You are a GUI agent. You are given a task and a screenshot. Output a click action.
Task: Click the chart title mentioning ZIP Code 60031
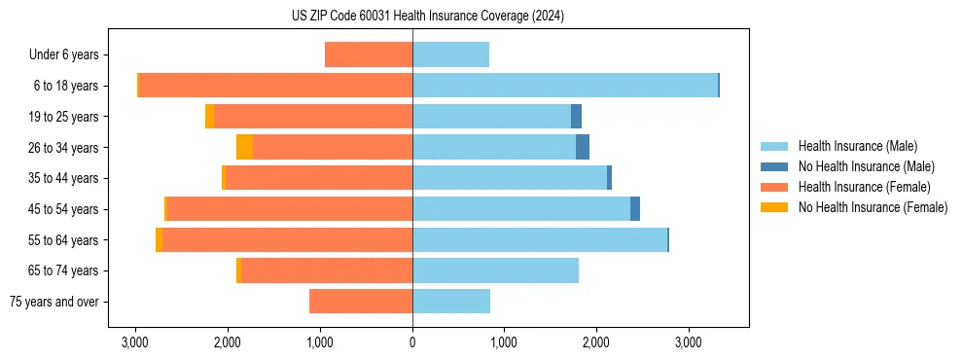[x=427, y=17]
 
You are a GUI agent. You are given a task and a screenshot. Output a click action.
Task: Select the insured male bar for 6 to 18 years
[x=564, y=86]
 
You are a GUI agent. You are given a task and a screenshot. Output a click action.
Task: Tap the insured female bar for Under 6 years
[x=369, y=54]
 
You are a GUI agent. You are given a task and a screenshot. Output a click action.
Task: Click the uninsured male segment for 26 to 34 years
[x=583, y=147]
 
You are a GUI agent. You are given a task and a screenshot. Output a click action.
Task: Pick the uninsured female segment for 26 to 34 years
[x=244, y=147]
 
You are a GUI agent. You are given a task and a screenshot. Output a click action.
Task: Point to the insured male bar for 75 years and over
[x=451, y=302]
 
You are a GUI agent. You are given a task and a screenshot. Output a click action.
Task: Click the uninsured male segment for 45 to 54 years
[x=635, y=209]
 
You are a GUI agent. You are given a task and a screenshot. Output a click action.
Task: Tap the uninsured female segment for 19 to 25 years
[x=209, y=117]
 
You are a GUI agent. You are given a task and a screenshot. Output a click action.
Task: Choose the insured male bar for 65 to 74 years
[x=495, y=270]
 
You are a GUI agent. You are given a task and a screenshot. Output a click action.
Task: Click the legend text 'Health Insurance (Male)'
[x=857, y=146]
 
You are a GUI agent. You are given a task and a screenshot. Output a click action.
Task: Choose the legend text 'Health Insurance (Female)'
[x=864, y=187]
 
